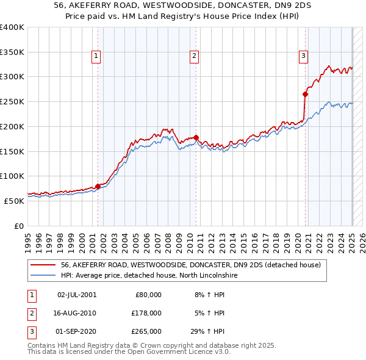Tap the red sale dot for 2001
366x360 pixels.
pos(98,187)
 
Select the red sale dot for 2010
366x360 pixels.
pos(196,137)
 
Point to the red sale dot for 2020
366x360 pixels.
pos(305,94)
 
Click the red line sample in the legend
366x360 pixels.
pos(43,265)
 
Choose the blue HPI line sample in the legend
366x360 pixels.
pos(43,275)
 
